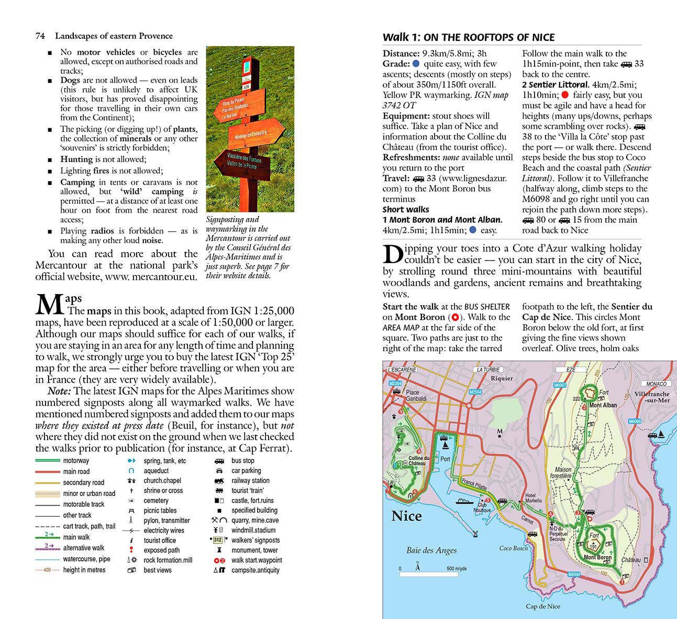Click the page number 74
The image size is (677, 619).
pyautogui.click(x=40, y=36)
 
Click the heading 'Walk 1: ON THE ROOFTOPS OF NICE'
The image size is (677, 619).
pyautogui.click(x=468, y=37)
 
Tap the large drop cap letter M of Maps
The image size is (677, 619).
pyautogui.click(x=49, y=305)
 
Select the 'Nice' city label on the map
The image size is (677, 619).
pyautogui.click(x=406, y=516)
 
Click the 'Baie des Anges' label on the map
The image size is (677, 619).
pyautogui.click(x=431, y=550)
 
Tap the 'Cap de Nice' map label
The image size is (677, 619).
pyautogui.click(x=542, y=606)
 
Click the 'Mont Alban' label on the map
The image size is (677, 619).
pyautogui.click(x=603, y=405)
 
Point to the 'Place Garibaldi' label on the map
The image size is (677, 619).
pyautogui.click(x=416, y=395)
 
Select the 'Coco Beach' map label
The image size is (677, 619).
pyautogui.click(x=513, y=548)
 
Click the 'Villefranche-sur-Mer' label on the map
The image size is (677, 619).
pyautogui.click(x=652, y=397)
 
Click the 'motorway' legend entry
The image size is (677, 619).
pyautogui.click(x=76, y=461)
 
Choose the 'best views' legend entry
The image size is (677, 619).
pyautogui.click(x=157, y=570)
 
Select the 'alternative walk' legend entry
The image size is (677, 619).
pyautogui.click(x=84, y=548)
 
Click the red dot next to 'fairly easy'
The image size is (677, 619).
pyautogui.click(x=565, y=95)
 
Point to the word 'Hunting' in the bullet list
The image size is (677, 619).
pyautogui.click(x=76, y=159)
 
